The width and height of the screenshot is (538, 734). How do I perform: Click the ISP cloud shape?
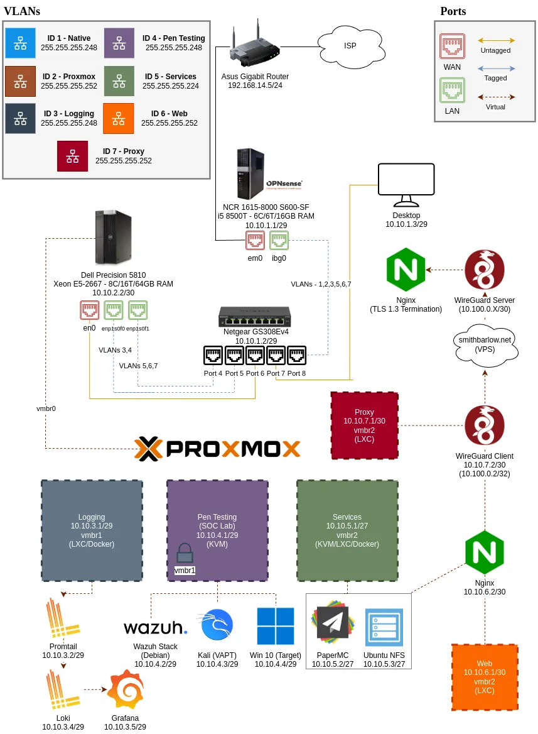point(349,46)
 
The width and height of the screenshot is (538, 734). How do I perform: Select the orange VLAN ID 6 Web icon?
point(119,119)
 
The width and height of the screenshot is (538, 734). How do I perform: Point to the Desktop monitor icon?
point(406,185)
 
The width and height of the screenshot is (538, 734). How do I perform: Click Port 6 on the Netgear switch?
point(255,356)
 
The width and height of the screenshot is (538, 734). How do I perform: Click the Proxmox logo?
point(217,449)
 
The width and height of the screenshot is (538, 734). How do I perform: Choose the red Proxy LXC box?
point(365,425)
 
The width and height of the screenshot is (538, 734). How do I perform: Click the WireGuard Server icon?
point(485,270)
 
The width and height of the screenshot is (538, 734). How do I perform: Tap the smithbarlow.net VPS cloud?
point(485,345)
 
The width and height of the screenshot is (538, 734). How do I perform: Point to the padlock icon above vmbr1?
point(185,553)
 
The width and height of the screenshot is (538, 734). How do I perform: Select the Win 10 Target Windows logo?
point(275,626)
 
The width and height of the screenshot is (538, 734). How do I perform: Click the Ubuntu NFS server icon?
point(384,627)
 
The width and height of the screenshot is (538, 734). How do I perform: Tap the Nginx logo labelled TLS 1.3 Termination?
point(406,270)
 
